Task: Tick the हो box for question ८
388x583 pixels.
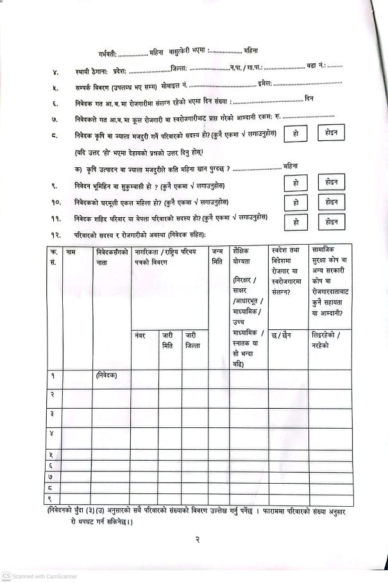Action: (295, 134)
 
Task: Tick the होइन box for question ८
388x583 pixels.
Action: (331, 133)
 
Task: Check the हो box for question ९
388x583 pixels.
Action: (295, 183)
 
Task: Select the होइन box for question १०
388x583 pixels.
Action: (331, 201)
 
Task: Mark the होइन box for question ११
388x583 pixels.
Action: (331, 222)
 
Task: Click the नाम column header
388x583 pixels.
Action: (71, 252)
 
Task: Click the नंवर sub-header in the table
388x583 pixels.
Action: (140, 335)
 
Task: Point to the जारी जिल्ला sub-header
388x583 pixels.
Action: (192, 340)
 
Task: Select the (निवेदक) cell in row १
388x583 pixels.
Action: (106, 375)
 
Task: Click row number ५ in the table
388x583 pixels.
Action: (52, 454)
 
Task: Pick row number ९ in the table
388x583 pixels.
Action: (52, 499)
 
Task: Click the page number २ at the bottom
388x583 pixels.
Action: (198, 540)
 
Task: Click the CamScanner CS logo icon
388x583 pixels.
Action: (6, 576)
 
